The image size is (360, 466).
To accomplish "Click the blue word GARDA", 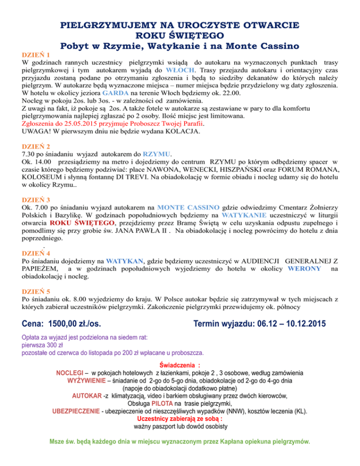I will coord(123,93).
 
